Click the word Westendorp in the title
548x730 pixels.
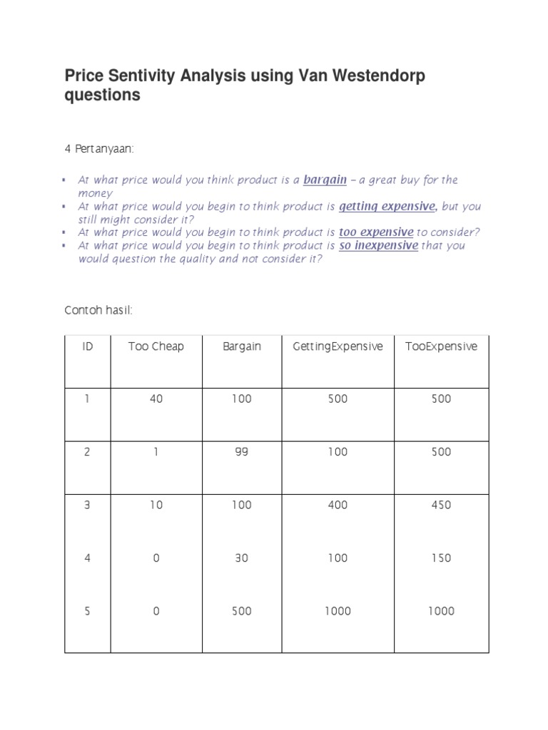pyautogui.click(x=373, y=75)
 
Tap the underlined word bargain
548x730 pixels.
pyautogui.click(x=325, y=180)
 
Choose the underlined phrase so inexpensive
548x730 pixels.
pyautogui.click(x=378, y=245)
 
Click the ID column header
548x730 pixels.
pyautogui.click(x=87, y=346)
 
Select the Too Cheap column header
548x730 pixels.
pyautogui.click(x=156, y=346)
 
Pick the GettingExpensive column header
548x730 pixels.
pyautogui.click(x=338, y=346)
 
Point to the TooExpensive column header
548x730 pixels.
pyautogui.click(x=441, y=346)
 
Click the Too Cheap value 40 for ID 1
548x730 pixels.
pyautogui.click(x=156, y=399)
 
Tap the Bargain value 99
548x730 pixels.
pyautogui.click(x=242, y=452)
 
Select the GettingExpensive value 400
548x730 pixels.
pyautogui.click(x=338, y=505)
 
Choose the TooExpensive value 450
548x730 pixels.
pyautogui.click(x=441, y=505)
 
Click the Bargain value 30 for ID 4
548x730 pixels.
pyautogui.click(x=242, y=558)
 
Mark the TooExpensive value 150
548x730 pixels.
pyautogui.click(x=441, y=558)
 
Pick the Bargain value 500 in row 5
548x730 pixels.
pyautogui.click(x=242, y=611)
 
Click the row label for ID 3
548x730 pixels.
pyautogui.click(x=87, y=505)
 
